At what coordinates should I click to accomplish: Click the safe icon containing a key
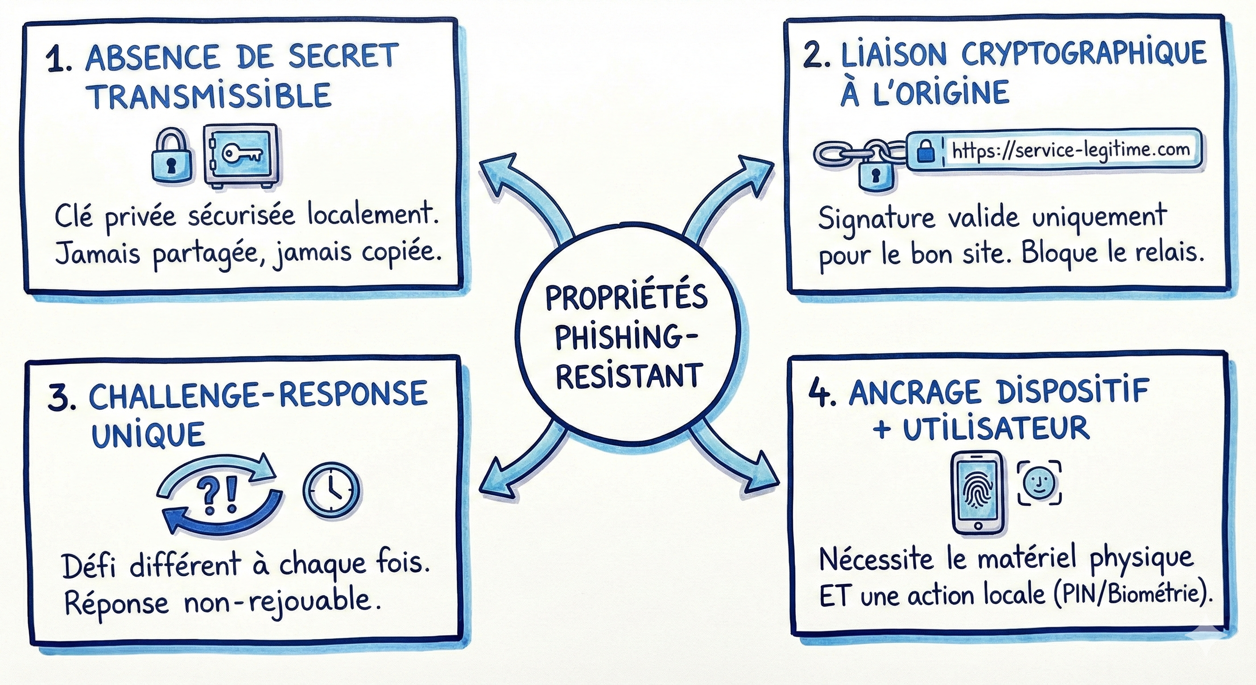click(242, 155)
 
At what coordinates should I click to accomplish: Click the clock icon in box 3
click(331, 488)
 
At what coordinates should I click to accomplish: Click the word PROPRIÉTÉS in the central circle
click(627, 298)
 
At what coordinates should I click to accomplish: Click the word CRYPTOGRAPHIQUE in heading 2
click(1084, 54)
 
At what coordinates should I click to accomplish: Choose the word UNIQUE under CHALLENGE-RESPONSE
click(148, 434)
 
